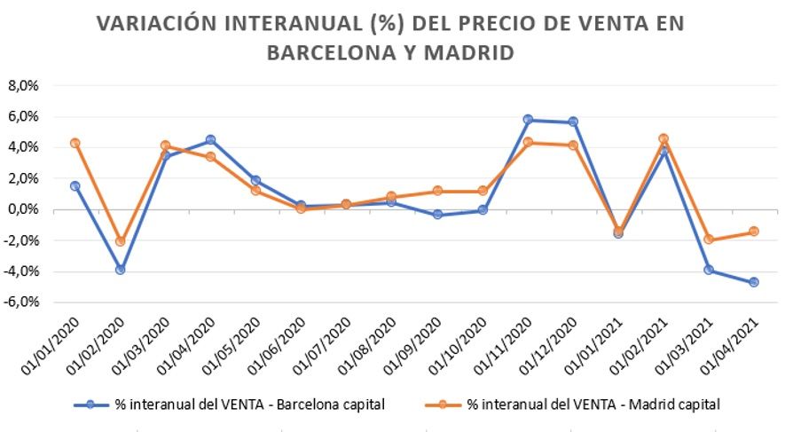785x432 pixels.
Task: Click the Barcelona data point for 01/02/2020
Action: (121, 270)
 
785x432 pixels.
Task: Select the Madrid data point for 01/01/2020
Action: (75, 143)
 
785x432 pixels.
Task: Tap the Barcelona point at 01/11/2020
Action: (528, 120)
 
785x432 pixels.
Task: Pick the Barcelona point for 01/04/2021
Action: (754, 282)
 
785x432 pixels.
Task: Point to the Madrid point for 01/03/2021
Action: (709, 240)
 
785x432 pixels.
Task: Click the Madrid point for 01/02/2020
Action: (121, 241)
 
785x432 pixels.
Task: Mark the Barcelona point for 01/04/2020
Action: (210, 139)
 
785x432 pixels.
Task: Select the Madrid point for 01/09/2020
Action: (437, 191)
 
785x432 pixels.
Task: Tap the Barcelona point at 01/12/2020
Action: (573, 122)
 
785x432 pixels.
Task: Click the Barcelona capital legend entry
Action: (230, 405)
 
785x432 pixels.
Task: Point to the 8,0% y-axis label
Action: (24, 86)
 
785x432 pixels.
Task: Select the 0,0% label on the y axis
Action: (24, 209)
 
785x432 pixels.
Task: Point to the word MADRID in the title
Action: (472, 52)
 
